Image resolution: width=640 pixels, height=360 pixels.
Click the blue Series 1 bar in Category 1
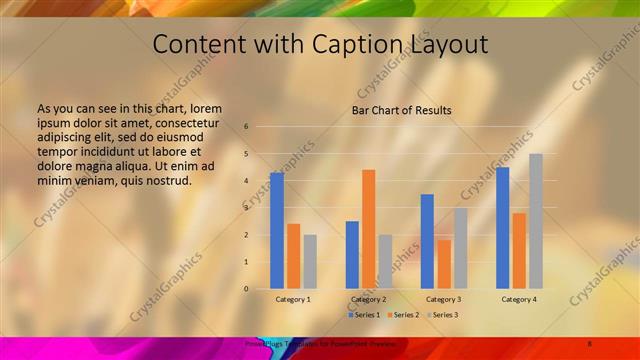pyautogui.click(x=277, y=231)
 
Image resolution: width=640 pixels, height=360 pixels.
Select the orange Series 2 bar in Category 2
pyautogui.click(x=369, y=229)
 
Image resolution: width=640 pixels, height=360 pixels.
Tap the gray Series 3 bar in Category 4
pyautogui.click(x=536, y=221)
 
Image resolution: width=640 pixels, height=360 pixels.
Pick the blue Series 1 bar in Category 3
pyautogui.click(x=427, y=241)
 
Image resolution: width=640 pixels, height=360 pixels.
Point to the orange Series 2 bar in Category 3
pyautogui.click(x=444, y=264)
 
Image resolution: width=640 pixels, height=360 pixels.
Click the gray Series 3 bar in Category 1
pyautogui.click(x=310, y=262)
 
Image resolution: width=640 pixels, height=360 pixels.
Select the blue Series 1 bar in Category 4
pyautogui.click(x=503, y=228)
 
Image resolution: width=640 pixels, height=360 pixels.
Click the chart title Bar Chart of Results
pyautogui.click(x=401, y=110)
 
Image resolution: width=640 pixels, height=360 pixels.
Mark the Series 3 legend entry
pyautogui.click(x=442, y=315)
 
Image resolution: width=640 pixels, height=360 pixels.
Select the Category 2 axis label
pyautogui.click(x=369, y=299)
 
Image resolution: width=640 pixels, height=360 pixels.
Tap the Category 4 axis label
pyautogui.click(x=519, y=299)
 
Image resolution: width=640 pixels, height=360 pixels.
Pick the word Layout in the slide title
pyautogui.click(x=449, y=45)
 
